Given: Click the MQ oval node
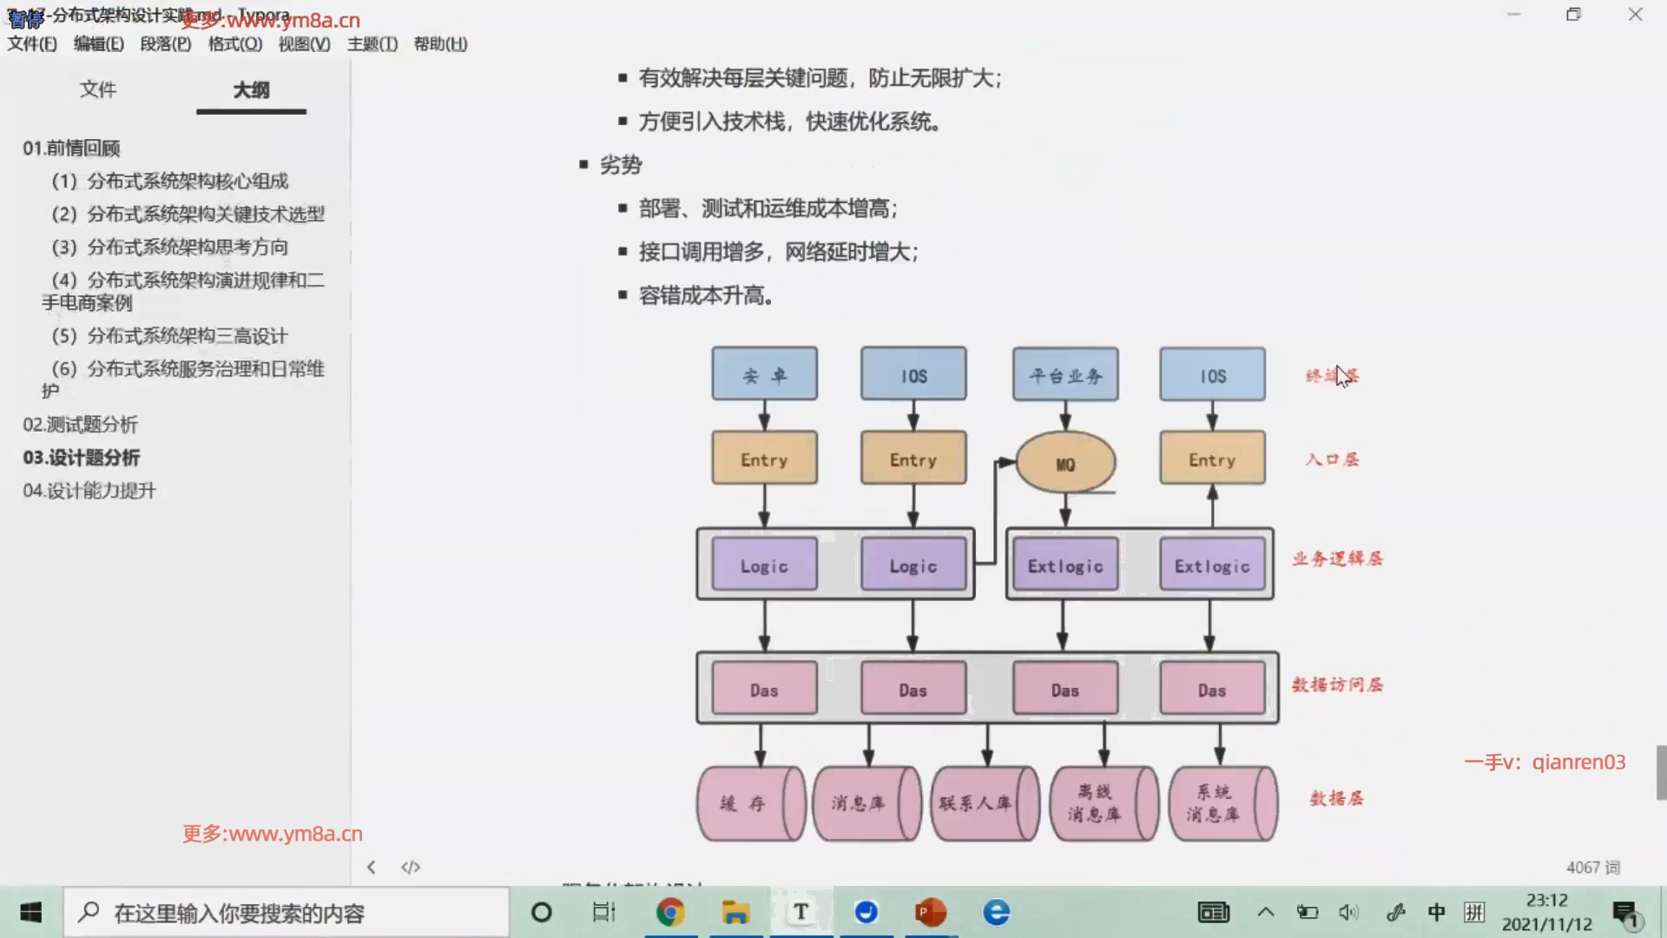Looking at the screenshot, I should [1065, 463].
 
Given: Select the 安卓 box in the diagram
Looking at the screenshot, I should [764, 374].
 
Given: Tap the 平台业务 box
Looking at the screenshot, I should [1065, 374].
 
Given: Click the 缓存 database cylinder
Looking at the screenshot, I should [750, 803].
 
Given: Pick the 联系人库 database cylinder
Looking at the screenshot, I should [984, 803].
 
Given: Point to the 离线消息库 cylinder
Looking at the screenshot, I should [1103, 803].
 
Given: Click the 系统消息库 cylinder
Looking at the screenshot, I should [1222, 803].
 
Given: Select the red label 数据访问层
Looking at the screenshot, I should [1337, 685].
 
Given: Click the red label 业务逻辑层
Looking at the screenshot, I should [1337, 559].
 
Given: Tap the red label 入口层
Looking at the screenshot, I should [1332, 459].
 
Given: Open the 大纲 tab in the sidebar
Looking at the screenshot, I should [251, 90].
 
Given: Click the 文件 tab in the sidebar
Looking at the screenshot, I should [97, 89].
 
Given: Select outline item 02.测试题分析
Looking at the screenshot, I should [81, 425].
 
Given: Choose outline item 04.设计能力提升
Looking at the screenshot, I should [89, 491].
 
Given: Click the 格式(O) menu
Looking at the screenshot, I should [234, 44].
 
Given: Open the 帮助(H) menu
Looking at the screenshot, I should [440, 44].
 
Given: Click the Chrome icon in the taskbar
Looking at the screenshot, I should [669, 912].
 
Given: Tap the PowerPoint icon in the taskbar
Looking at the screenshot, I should [930, 912].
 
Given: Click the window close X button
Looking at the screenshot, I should [1635, 15].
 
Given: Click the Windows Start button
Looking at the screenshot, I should [31, 912].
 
